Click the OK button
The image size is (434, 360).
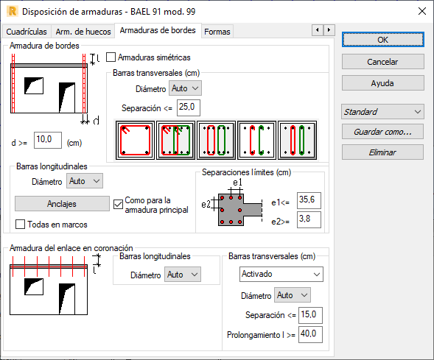point(383,40)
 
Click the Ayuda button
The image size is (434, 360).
point(383,83)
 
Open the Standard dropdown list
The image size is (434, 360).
point(382,112)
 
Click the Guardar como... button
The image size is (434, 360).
point(382,132)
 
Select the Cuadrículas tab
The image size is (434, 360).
point(27,32)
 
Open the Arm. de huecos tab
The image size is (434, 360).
point(83,32)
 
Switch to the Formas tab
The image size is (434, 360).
point(217,32)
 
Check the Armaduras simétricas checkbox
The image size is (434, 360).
point(111,57)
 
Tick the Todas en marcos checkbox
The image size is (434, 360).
point(20,225)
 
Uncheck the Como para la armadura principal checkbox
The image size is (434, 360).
point(118,205)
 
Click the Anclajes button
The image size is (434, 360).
point(62,204)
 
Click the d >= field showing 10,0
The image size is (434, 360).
point(48,140)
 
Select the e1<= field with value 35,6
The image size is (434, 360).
point(309,200)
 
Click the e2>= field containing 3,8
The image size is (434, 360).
point(309,220)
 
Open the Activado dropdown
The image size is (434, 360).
point(281,275)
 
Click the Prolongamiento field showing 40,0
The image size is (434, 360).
point(310,334)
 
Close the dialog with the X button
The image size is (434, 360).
point(422,11)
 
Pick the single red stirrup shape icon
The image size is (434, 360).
point(135,140)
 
